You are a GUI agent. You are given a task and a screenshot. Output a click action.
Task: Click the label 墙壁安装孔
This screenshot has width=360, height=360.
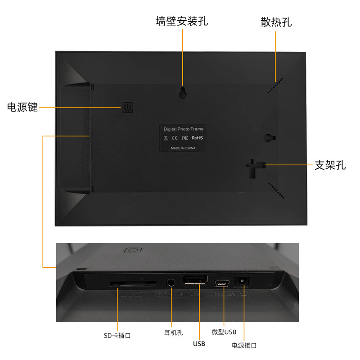[182, 21]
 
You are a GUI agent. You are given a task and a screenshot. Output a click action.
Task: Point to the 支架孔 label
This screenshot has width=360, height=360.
[330, 165]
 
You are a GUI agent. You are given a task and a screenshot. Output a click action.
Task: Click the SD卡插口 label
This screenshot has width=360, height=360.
[117, 335]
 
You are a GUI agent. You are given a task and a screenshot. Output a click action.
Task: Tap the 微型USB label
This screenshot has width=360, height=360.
[224, 332]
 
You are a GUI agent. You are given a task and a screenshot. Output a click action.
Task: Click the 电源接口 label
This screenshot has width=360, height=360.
[244, 345]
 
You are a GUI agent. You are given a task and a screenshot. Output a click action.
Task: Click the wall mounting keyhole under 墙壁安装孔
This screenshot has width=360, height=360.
[183, 92]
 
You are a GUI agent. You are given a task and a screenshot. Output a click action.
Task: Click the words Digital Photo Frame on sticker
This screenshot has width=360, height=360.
[184, 129]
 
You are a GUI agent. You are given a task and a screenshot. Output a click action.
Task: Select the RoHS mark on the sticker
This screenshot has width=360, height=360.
[198, 138]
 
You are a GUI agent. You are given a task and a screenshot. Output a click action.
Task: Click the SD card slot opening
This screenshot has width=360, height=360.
[134, 284]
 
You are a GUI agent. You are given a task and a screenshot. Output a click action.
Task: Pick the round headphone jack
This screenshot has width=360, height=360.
[171, 283]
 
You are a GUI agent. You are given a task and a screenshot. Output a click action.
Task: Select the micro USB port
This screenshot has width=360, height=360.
[222, 283]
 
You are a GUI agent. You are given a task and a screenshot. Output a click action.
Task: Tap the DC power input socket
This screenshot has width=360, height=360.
[243, 282]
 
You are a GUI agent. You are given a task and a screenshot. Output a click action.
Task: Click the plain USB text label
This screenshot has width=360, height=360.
[199, 344]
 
